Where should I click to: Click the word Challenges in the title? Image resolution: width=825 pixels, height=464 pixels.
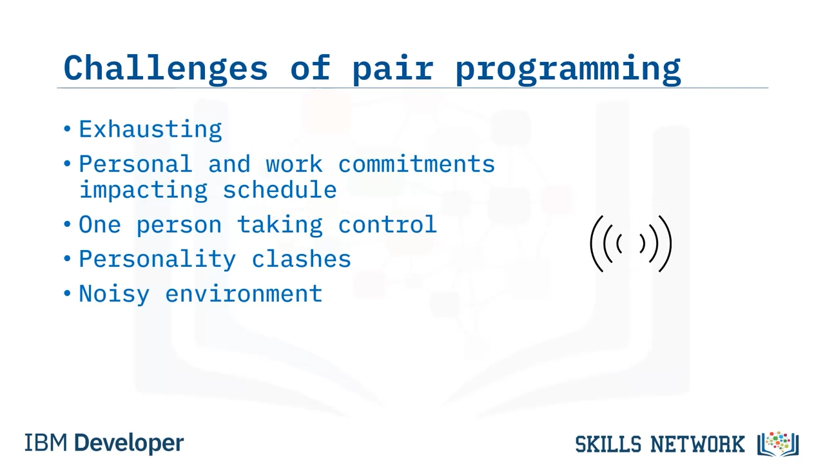pos(166,68)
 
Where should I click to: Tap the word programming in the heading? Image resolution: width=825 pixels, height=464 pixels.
pos(568,70)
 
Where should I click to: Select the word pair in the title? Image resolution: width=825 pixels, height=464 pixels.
pos(393,70)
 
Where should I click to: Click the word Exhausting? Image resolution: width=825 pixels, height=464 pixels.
pos(150,130)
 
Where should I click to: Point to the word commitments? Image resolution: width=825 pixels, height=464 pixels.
pos(416,164)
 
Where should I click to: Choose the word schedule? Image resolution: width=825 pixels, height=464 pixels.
pos(280,189)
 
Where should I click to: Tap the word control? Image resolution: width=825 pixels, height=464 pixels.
pos(387,224)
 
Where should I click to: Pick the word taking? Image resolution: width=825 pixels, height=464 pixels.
pos(280,225)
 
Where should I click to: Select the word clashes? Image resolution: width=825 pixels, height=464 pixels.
pos(301,258)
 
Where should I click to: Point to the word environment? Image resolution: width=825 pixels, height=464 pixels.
pos(244,294)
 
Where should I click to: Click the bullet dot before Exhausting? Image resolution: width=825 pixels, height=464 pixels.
pos(67,129)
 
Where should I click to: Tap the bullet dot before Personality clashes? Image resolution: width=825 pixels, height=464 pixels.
pos(67,258)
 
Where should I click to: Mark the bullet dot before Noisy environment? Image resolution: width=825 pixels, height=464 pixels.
pos(67,293)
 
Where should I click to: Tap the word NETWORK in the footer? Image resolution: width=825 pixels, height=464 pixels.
pos(697,444)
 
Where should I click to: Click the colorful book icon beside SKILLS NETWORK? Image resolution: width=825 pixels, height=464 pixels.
pos(778,444)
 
